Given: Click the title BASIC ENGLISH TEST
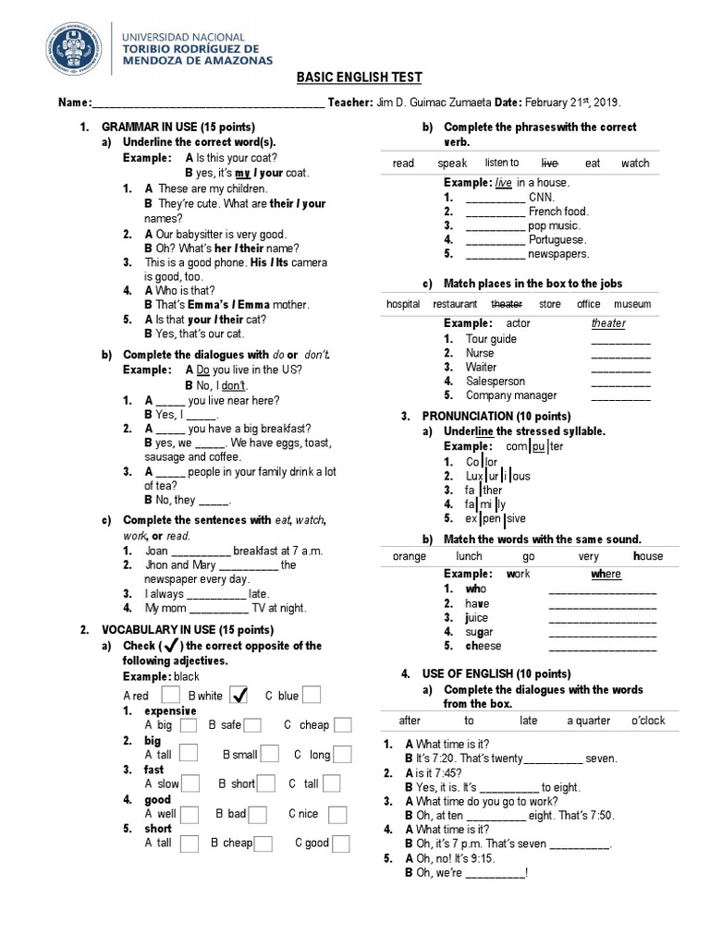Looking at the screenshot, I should [x=354, y=79].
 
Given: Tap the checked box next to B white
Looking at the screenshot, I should [x=238, y=694].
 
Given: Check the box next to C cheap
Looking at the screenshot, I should [x=343, y=725].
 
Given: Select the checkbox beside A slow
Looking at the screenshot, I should [x=192, y=783].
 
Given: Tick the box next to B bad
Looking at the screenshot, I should [x=259, y=814].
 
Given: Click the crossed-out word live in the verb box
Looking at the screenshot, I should [x=549, y=163].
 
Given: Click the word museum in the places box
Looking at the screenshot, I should [x=631, y=303].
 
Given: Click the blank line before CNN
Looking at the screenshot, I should [x=496, y=198].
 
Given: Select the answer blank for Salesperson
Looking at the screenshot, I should [x=620, y=382].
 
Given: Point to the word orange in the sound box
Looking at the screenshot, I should [x=409, y=556].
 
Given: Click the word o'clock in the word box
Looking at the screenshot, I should [x=647, y=720].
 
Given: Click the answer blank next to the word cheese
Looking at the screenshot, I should [x=602, y=647].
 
